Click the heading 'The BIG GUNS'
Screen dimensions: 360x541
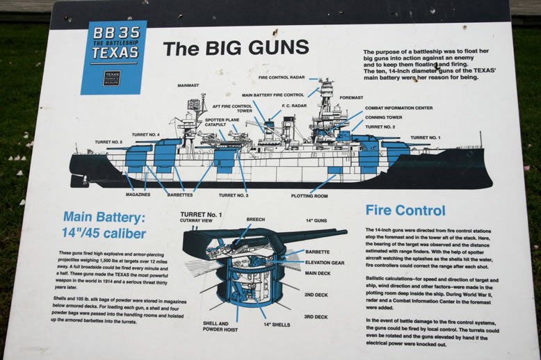[x=235, y=47]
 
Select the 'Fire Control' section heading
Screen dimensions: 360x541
[x=405, y=210]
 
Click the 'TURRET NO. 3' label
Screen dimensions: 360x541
[x=233, y=195]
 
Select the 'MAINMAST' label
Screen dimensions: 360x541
[x=188, y=85]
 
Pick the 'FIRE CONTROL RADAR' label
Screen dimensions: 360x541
[x=283, y=78]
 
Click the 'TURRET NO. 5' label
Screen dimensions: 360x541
[x=109, y=142]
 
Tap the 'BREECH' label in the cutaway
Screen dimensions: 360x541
[x=255, y=220]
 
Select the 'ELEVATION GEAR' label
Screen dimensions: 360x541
[x=326, y=263]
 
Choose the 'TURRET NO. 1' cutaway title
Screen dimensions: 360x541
[x=201, y=215]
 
